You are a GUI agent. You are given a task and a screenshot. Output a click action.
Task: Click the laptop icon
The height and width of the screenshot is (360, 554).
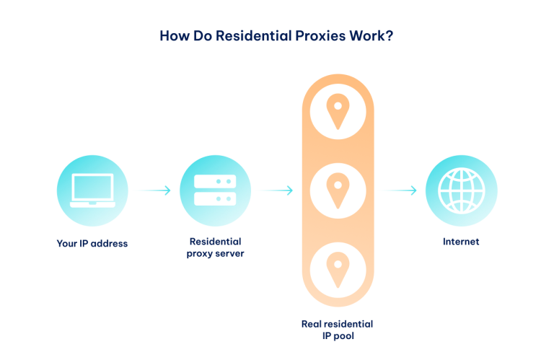pos(92,190)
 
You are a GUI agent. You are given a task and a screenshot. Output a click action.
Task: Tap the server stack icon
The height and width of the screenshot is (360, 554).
pos(215,190)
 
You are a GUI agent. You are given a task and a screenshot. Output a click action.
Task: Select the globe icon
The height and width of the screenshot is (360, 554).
pos(461,190)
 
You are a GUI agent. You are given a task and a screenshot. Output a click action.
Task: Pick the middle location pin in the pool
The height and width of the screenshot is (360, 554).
pos(338,190)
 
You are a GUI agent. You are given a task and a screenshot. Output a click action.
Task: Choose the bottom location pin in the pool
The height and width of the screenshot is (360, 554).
pos(338,269)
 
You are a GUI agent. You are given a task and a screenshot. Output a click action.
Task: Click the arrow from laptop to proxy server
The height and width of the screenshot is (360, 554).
pos(151,190)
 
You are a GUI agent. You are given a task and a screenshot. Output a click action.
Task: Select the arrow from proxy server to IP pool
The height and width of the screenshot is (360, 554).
pos(273,190)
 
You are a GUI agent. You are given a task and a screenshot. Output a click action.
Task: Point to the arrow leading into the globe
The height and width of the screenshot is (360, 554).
pos(397,190)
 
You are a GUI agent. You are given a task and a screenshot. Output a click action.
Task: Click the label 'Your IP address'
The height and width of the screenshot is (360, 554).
pos(92,243)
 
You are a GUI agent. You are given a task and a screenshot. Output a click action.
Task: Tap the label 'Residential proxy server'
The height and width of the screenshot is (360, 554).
pos(215,247)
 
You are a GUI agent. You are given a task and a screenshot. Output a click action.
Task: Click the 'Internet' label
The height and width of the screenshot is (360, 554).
pos(461,242)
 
